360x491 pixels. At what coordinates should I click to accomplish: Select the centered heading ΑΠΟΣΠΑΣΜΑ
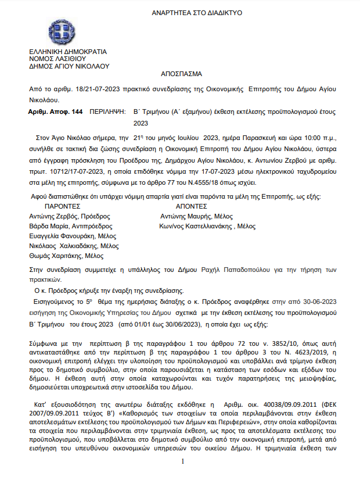pos(181,75)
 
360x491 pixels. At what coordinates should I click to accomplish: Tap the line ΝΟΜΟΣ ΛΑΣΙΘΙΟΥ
pos(57,59)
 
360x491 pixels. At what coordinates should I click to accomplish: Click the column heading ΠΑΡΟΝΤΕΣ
pos(63,206)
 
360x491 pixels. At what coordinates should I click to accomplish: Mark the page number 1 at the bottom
pos(182,478)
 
